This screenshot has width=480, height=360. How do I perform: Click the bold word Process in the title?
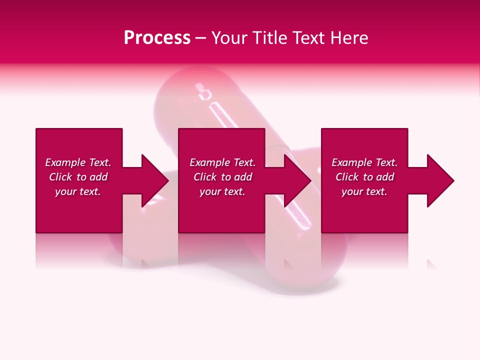pos(157,38)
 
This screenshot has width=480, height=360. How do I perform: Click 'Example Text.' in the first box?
pos(78,162)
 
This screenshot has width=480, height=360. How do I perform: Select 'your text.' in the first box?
pos(78,191)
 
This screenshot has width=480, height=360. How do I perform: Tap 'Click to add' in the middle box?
pos(222,177)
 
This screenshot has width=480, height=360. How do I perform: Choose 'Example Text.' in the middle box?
pos(222,162)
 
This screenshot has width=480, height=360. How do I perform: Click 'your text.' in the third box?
pos(364,191)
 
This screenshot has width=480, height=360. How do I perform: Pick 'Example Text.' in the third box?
pos(364,162)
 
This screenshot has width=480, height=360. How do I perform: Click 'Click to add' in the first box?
pos(78,177)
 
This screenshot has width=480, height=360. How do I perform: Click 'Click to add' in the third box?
pos(364,177)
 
